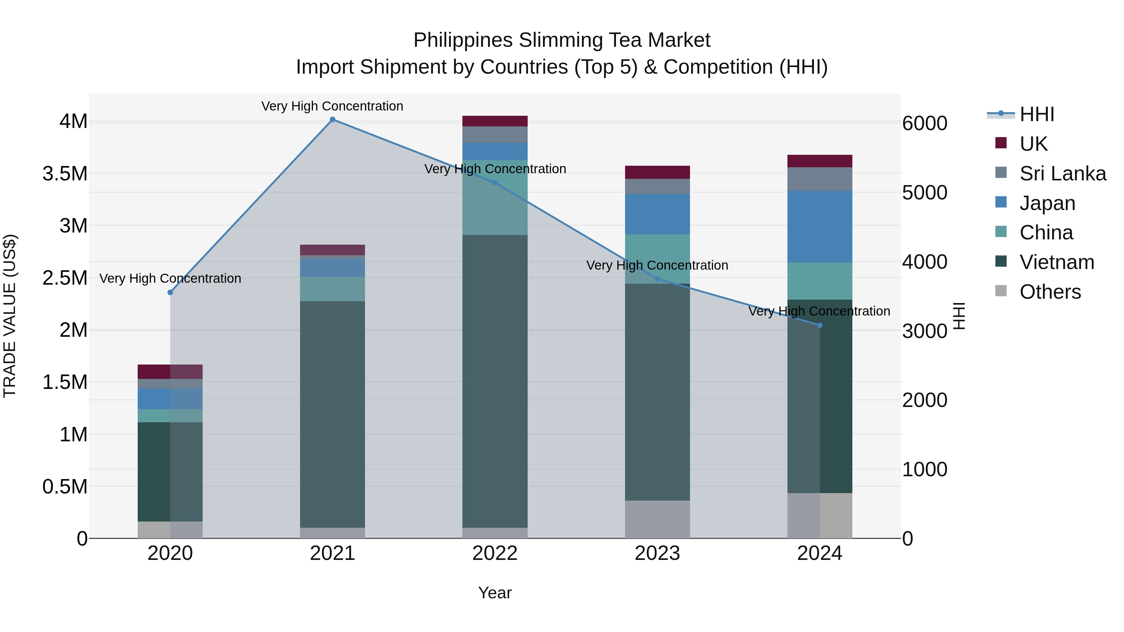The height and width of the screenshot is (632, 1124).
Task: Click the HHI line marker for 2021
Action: tap(333, 120)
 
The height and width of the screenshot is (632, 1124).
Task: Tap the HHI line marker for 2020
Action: tap(170, 292)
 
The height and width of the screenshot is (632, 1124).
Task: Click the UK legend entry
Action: tap(1033, 144)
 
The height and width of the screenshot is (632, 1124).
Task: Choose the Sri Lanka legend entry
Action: tap(1062, 174)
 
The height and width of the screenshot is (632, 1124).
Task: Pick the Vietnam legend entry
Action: tap(1056, 262)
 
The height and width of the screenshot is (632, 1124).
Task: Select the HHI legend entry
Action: tap(1037, 114)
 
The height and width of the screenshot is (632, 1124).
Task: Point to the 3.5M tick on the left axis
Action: tap(65, 174)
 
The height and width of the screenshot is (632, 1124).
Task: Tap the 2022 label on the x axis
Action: tap(495, 553)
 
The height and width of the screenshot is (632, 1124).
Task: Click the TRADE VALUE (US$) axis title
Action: tap(10, 316)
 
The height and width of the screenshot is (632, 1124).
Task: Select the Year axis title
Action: tap(495, 593)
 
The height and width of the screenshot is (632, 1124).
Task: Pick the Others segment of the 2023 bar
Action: tap(657, 519)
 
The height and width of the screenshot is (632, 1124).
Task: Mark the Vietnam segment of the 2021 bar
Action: tap(333, 414)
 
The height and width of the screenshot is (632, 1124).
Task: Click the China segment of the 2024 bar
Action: tap(820, 281)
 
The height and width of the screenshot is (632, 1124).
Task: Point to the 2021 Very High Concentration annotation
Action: tap(332, 106)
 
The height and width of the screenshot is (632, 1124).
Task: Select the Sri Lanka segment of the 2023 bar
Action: tap(657, 186)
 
